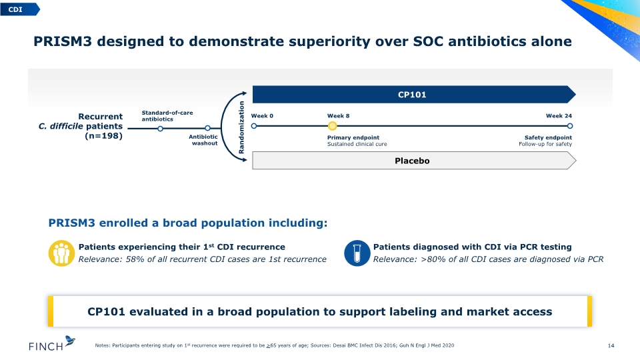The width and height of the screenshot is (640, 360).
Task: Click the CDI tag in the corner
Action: (19, 9)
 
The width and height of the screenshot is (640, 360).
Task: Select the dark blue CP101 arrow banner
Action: (414, 94)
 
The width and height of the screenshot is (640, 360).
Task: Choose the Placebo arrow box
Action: (414, 161)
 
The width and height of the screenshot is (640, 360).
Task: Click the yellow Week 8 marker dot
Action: (332, 126)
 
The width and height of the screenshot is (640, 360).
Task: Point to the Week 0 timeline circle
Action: (254, 126)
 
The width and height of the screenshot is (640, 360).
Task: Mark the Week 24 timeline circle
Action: (570, 126)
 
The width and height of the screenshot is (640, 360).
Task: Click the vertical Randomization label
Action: (241, 127)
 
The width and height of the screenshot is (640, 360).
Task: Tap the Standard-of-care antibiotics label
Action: (167, 116)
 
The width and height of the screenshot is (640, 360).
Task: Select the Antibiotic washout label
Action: (203, 140)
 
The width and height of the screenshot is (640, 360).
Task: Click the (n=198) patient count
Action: (104, 136)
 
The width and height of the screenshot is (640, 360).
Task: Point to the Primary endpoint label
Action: (353, 137)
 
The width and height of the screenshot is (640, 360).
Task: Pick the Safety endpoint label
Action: (548, 137)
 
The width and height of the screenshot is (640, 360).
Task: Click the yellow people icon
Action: (61, 253)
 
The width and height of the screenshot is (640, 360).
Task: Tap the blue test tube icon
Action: (357, 253)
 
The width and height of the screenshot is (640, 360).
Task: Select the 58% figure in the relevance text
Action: (135, 259)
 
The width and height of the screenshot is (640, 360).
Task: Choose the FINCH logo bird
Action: (70, 341)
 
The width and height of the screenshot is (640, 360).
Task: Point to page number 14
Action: (611, 346)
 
